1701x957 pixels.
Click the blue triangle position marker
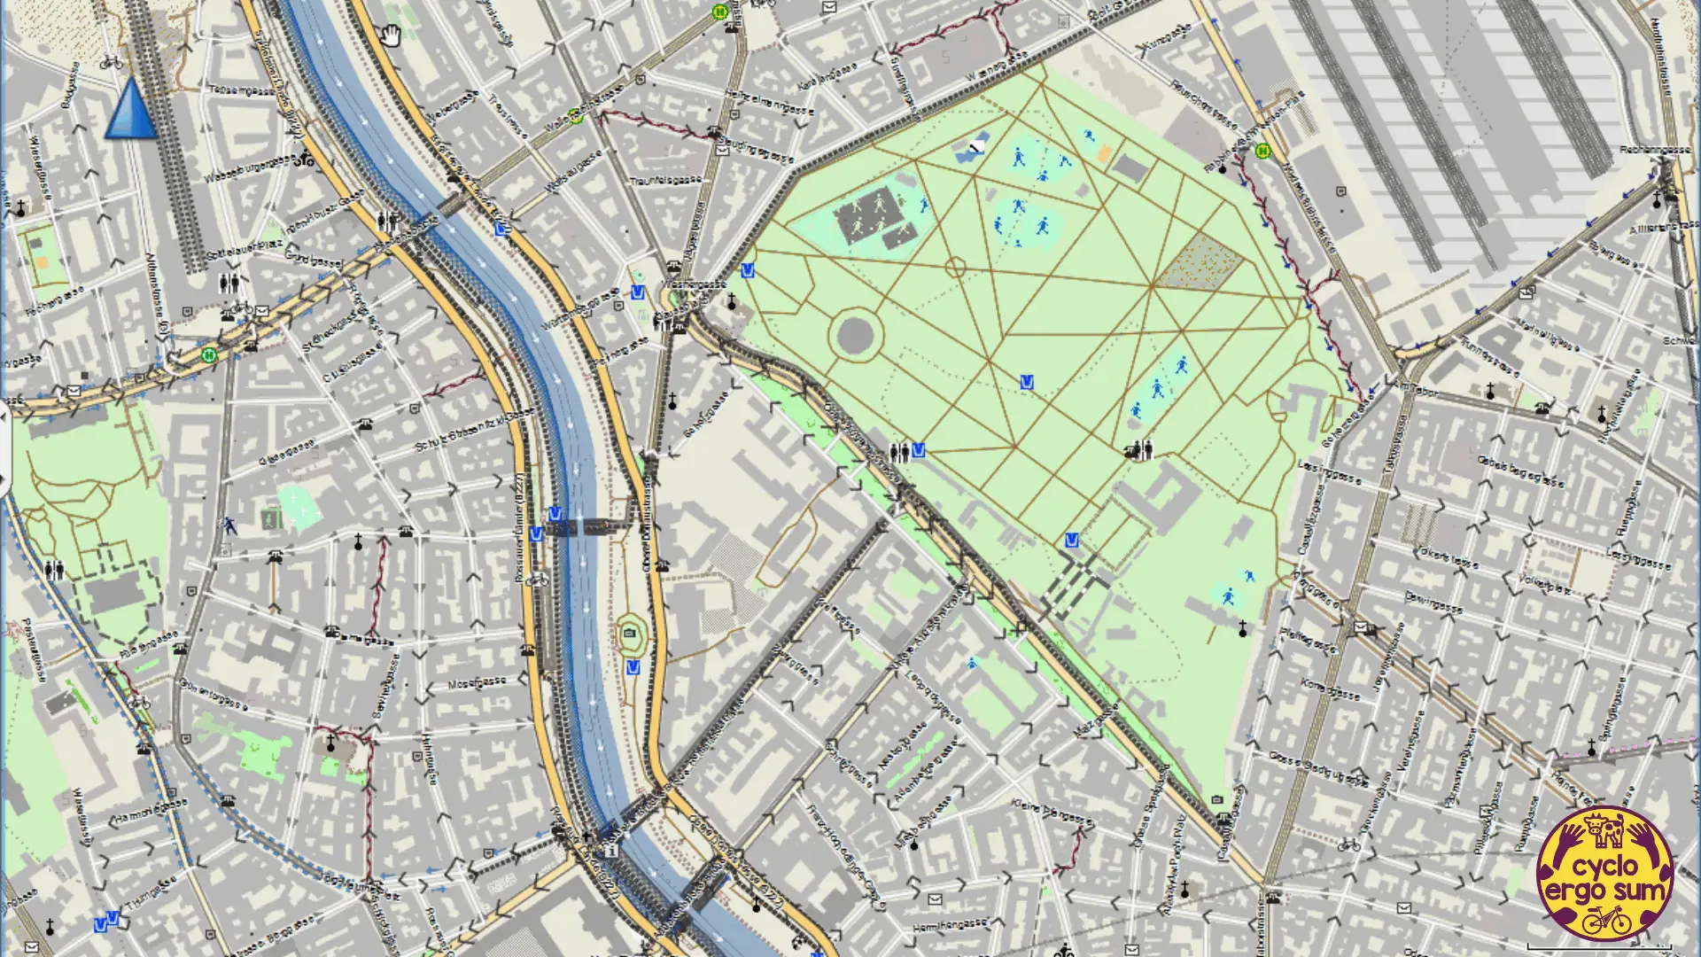coord(131,110)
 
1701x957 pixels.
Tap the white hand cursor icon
coord(391,36)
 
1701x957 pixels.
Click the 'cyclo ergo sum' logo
coord(1604,873)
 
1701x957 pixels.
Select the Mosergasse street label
coord(477,683)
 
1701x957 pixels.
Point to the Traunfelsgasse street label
coord(665,180)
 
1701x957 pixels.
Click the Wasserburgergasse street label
coord(249,169)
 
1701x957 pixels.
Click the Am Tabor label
coord(1415,389)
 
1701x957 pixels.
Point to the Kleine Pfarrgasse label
coord(1052,813)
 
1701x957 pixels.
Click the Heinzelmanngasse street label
coord(769,103)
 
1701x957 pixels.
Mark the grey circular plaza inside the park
coord(855,335)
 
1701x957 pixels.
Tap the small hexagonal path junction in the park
coord(955,267)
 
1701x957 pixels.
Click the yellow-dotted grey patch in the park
coord(1200,261)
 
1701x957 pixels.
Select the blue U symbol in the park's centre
coord(1027,382)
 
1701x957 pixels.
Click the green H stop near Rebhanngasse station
coord(1262,151)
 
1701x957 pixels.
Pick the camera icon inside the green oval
coord(630,633)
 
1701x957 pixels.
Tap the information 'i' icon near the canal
coord(610,851)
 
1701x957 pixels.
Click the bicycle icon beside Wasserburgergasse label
coord(304,160)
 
